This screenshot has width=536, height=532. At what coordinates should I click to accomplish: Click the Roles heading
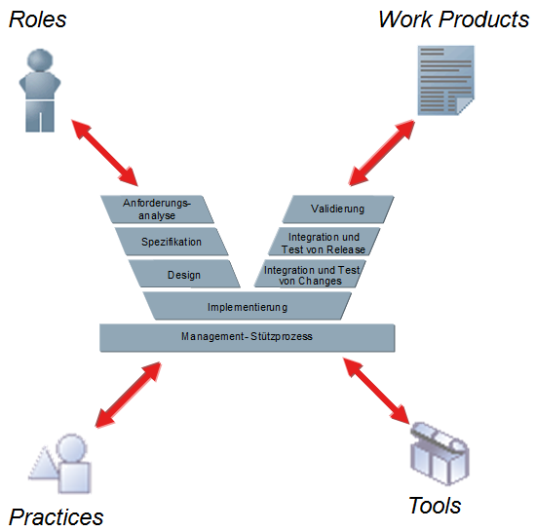(38, 19)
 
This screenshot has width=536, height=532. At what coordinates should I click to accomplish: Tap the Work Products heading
(454, 19)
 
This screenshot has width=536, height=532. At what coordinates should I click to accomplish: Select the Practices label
(57, 517)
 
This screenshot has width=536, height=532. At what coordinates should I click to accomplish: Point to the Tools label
(435, 506)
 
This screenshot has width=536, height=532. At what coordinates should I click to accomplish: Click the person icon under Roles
(40, 91)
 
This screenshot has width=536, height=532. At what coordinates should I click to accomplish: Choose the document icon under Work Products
(445, 80)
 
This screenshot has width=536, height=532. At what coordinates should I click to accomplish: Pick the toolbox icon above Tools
(440, 453)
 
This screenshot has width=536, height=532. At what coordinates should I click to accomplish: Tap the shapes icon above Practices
(60, 464)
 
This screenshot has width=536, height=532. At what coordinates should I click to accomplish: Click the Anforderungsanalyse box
(157, 209)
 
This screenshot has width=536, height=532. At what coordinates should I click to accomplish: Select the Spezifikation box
(172, 242)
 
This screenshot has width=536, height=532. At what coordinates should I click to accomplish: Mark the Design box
(184, 274)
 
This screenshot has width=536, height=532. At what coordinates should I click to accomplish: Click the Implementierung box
(248, 306)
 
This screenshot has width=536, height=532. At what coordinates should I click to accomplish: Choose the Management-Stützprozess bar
(248, 337)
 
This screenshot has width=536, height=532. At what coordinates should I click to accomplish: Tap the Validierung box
(338, 209)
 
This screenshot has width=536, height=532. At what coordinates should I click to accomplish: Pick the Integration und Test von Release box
(324, 242)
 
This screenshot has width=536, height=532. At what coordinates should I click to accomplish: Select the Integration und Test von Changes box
(310, 274)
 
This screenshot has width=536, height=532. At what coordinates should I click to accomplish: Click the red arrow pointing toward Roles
(104, 153)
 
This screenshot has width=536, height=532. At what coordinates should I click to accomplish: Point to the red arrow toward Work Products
(382, 153)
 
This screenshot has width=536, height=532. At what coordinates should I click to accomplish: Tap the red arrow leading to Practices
(129, 395)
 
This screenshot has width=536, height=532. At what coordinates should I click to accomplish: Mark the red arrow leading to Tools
(376, 391)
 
